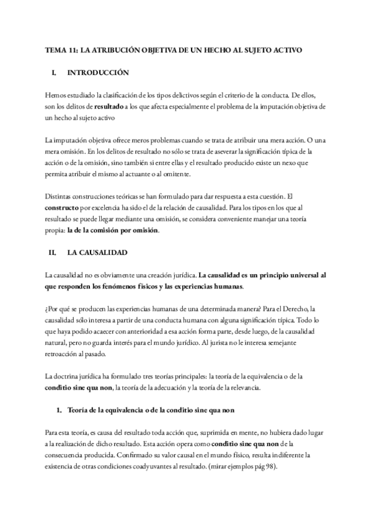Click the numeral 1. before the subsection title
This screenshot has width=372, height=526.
59,411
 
